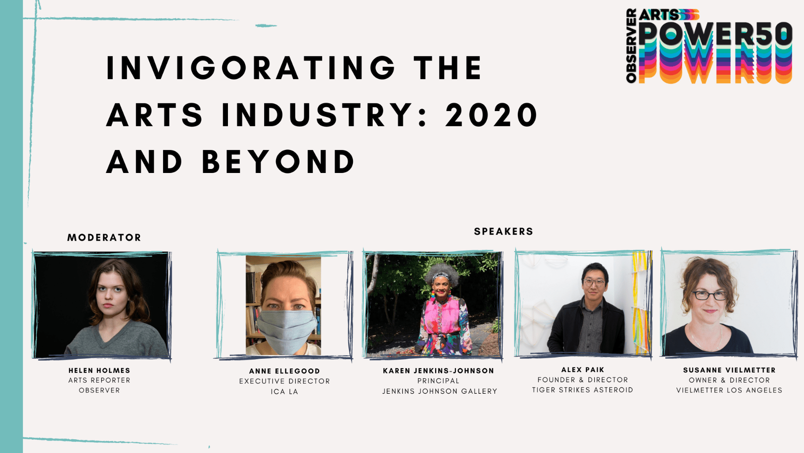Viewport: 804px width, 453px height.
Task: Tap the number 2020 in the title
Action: [491, 115]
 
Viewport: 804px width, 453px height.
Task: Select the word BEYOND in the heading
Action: [278, 161]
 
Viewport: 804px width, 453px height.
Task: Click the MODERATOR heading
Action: [104, 238]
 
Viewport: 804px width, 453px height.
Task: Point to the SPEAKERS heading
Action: [504, 231]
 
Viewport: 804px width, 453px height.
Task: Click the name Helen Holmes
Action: [99, 371]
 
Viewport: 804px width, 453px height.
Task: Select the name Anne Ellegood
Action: [284, 371]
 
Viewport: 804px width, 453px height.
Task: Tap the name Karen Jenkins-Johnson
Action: [439, 371]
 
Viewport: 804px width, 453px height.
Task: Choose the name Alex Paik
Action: [583, 370]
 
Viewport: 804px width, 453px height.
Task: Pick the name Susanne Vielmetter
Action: [729, 370]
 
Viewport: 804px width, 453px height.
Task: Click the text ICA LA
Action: [284, 392]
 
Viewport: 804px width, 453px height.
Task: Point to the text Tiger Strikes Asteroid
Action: [583, 390]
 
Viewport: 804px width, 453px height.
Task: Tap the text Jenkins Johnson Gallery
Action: [440, 391]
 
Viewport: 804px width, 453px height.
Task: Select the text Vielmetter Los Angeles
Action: [729, 390]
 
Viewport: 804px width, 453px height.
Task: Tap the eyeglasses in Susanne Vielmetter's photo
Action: [709, 295]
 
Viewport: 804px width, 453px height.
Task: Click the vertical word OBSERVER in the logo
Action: [631, 46]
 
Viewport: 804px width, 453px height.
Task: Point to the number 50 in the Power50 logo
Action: [774, 34]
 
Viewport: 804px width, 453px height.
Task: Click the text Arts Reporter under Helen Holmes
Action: [99, 380]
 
